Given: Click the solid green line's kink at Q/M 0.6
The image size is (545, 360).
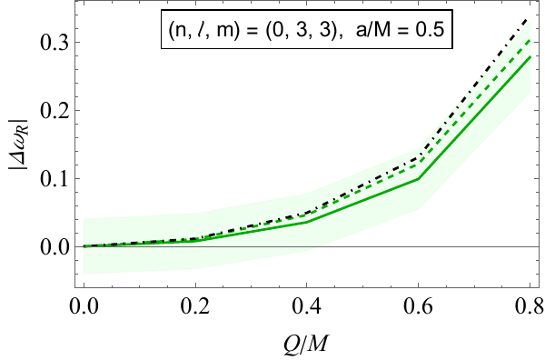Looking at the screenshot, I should tap(419, 178).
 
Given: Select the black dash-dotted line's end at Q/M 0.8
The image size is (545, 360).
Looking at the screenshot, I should tap(530, 18).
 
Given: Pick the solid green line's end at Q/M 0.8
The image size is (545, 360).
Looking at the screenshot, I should tap(530, 56).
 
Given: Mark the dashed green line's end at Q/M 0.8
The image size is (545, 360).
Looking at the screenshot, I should tap(530, 39).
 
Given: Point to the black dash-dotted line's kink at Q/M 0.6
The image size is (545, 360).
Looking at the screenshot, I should tap(419, 157).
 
